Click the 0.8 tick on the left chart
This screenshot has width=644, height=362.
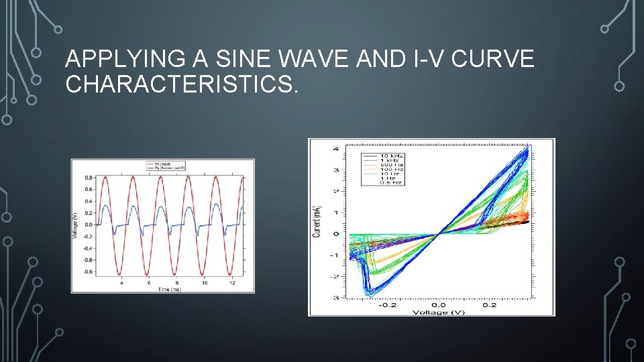pos(89,178)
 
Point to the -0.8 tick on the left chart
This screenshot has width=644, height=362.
pos(88,272)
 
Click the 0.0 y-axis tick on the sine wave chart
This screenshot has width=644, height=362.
pos(89,225)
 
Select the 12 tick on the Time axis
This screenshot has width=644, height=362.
pos(231,283)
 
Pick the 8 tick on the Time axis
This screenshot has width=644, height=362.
pos(176,283)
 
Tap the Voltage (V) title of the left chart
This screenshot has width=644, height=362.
pos(76,225)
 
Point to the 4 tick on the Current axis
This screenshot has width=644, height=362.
pos(335,149)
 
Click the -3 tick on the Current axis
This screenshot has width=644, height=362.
pos(335,297)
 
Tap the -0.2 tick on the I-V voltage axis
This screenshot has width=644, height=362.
pos(387,305)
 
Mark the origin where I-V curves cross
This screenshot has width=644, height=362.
pos(437,233)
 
